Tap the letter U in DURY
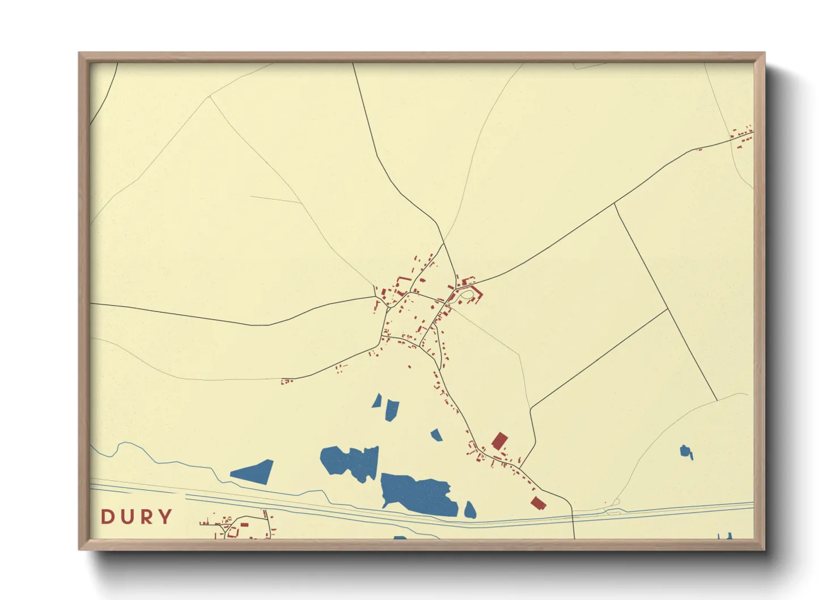(x=127, y=517)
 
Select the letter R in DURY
(x=146, y=517)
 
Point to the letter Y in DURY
(x=165, y=517)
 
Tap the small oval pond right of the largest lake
(x=470, y=510)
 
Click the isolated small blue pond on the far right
(x=686, y=452)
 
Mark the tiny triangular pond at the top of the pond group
(x=377, y=402)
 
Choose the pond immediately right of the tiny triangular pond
(x=392, y=409)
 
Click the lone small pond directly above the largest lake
(x=436, y=435)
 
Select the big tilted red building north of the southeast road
(x=499, y=441)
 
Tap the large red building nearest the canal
(x=537, y=502)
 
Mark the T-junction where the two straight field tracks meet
(x=667, y=309)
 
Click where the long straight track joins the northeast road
(x=615, y=202)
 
